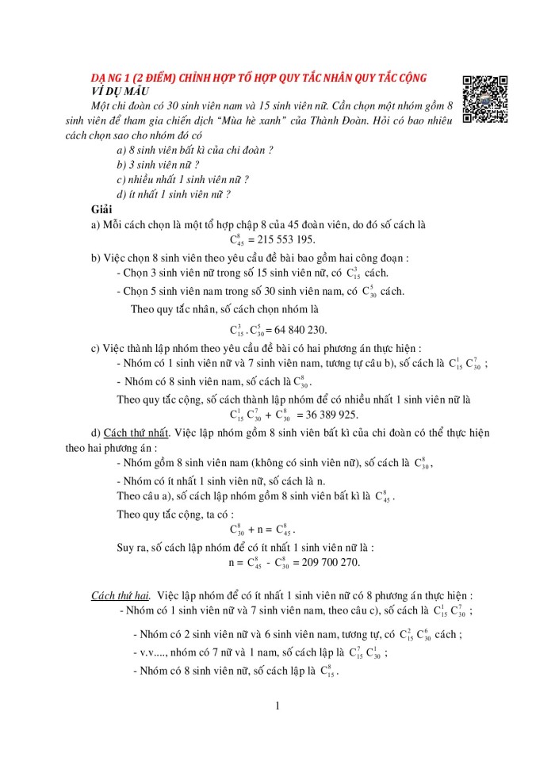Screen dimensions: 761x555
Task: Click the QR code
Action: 485,99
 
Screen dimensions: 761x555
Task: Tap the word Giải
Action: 101,208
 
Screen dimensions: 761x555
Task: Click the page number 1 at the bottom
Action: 277,706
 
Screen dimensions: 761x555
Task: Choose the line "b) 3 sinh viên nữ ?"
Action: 158,165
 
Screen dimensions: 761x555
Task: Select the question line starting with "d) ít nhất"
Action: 173,194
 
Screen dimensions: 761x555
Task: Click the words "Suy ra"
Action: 132,546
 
